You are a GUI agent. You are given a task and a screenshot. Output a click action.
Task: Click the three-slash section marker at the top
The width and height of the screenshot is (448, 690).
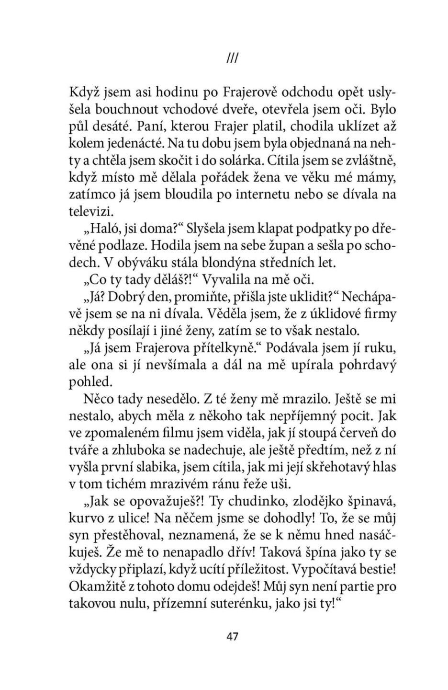[232, 58]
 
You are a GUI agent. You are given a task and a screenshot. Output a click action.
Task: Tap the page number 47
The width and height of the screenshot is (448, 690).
[232, 636]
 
